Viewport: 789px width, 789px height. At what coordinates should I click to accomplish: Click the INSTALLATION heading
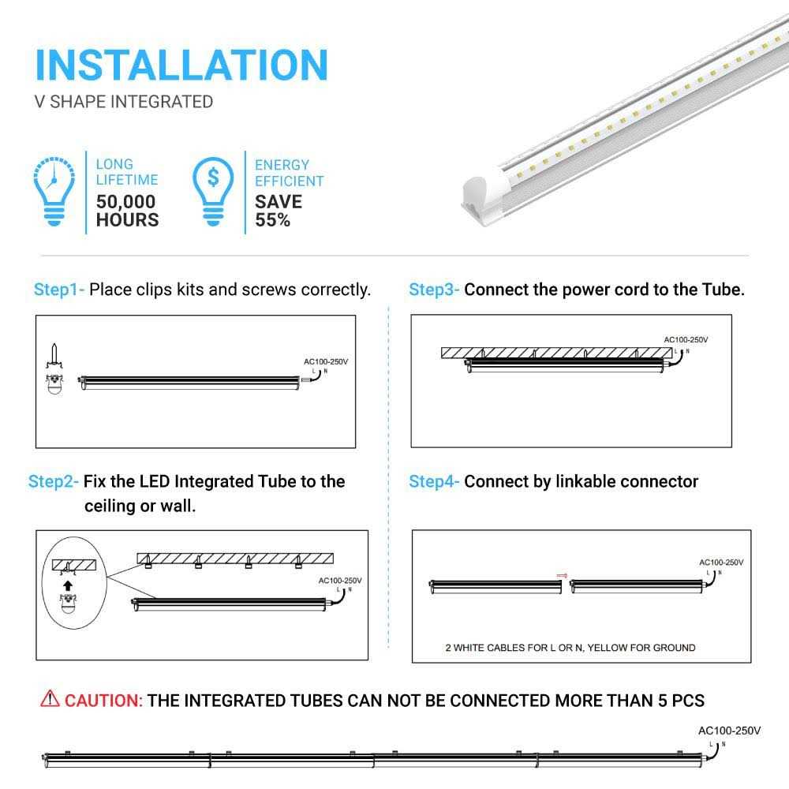[x=181, y=65]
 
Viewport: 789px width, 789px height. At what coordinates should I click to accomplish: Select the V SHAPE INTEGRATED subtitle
[x=124, y=102]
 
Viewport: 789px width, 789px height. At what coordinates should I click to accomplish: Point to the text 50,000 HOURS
[x=127, y=211]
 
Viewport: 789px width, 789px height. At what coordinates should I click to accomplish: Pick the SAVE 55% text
[x=278, y=211]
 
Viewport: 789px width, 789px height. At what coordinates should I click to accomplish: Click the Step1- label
[x=59, y=290]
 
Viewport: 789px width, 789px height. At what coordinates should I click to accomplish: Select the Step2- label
[x=54, y=481]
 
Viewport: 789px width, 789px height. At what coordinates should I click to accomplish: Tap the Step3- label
[x=434, y=290]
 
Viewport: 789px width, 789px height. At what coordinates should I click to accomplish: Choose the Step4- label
[x=434, y=481]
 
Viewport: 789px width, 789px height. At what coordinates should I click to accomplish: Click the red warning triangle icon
[x=50, y=699]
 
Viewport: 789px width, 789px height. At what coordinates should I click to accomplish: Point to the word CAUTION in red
[x=103, y=701]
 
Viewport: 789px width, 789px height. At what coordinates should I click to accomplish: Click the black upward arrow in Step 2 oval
[x=69, y=585]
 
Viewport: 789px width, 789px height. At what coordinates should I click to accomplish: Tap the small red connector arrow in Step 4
[x=563, y=575]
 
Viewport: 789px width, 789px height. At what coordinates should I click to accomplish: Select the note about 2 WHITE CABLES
[x=569, y=648]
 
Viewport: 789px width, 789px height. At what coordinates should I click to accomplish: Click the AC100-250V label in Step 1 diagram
[x=326, y=361]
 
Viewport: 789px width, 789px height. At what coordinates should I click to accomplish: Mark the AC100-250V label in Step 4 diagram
[x=721, y=563]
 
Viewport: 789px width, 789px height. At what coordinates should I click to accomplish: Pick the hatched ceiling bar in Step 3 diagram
[x=557, y=353]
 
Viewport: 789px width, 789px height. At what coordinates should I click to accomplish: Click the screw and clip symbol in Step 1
[x=54, y=368]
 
